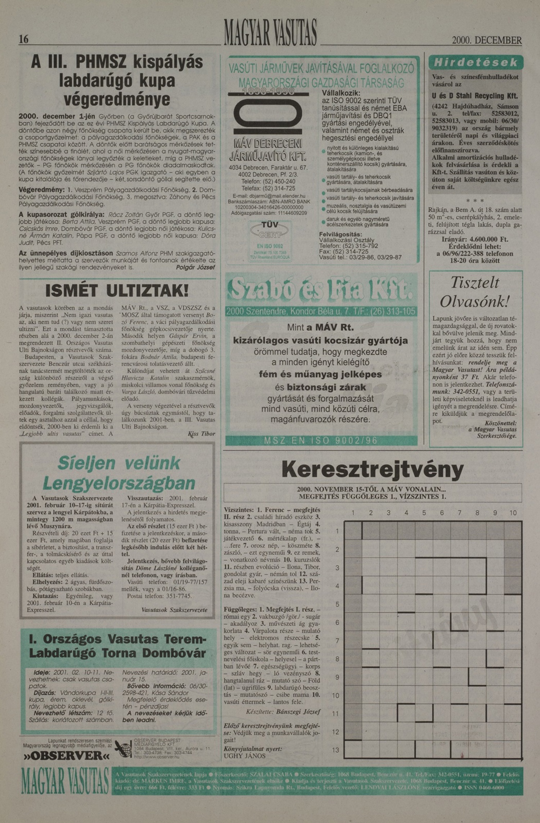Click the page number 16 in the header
pyautogui.click(x=24, y=39)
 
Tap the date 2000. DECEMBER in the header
pyautogui.click(x=487, y=40)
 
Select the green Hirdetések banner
pyautogui.click(x=476, y=62)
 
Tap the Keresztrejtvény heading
pyautogui.click(x=373, y=470)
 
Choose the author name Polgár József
pyautogui.click(x=195, y=267)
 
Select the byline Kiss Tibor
pyautogui.click(x=202, y=434)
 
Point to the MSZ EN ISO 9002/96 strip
pyautogui.click(x=321, y=440)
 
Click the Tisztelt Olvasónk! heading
pyautogui.click(x=475, y=292)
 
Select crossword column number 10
pyautogui.click(x=513, y=512)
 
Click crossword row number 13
pyautogui.click(x=336, y=750)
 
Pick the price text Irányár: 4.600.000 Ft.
pyautogui.click(x=475, y=239)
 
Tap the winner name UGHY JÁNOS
pyautogui.click(x=244, y=756)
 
